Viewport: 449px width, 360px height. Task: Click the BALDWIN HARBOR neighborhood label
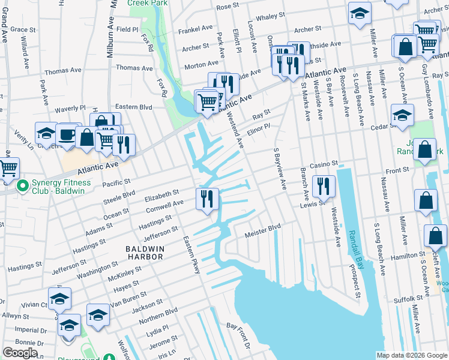point(144,252)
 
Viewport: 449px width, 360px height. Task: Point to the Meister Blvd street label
point(262,229)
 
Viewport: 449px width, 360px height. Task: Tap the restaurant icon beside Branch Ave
point(324,186)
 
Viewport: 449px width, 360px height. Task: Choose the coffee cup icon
point(67,134)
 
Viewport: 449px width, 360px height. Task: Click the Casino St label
point(324,164)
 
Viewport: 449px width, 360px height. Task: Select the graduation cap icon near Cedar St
point(402,115)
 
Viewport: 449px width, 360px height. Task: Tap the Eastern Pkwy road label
point(191,255)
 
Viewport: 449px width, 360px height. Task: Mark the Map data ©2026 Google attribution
point(411,355)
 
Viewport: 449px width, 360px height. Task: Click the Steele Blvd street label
point(120,196)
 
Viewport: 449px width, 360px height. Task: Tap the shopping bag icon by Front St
point(425,150)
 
